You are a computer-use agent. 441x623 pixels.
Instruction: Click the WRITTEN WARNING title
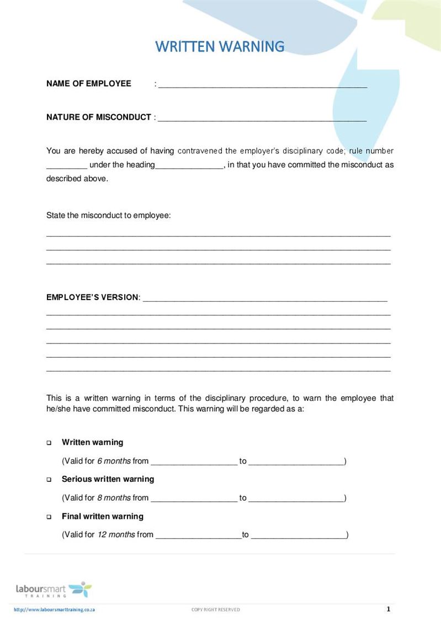[x=220, y=46]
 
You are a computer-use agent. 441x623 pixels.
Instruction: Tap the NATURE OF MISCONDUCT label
[x=99, y=117]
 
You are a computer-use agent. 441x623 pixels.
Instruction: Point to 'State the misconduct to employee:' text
[x=109, y=215]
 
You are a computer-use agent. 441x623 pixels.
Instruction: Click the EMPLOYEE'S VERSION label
[x=93, y=297]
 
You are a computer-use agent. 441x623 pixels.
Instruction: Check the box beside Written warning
[x=49, y=443]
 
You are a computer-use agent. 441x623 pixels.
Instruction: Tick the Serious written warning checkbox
[x=49, y=480]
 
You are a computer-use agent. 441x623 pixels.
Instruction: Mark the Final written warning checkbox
[x=49, y=517]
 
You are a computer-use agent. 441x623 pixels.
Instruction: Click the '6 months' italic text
[x=114, y=461]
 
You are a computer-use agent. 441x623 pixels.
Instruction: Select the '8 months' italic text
[x=114, y=498]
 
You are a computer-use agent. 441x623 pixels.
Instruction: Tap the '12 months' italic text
[x=116, y=534]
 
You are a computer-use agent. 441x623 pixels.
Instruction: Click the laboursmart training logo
[x=54, y=589]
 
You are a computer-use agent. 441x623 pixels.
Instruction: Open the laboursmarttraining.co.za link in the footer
[x=54, y=609]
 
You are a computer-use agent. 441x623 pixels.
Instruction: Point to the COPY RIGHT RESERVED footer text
[x=215, y=609]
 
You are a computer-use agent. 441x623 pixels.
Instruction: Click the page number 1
[x=389, y=609]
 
